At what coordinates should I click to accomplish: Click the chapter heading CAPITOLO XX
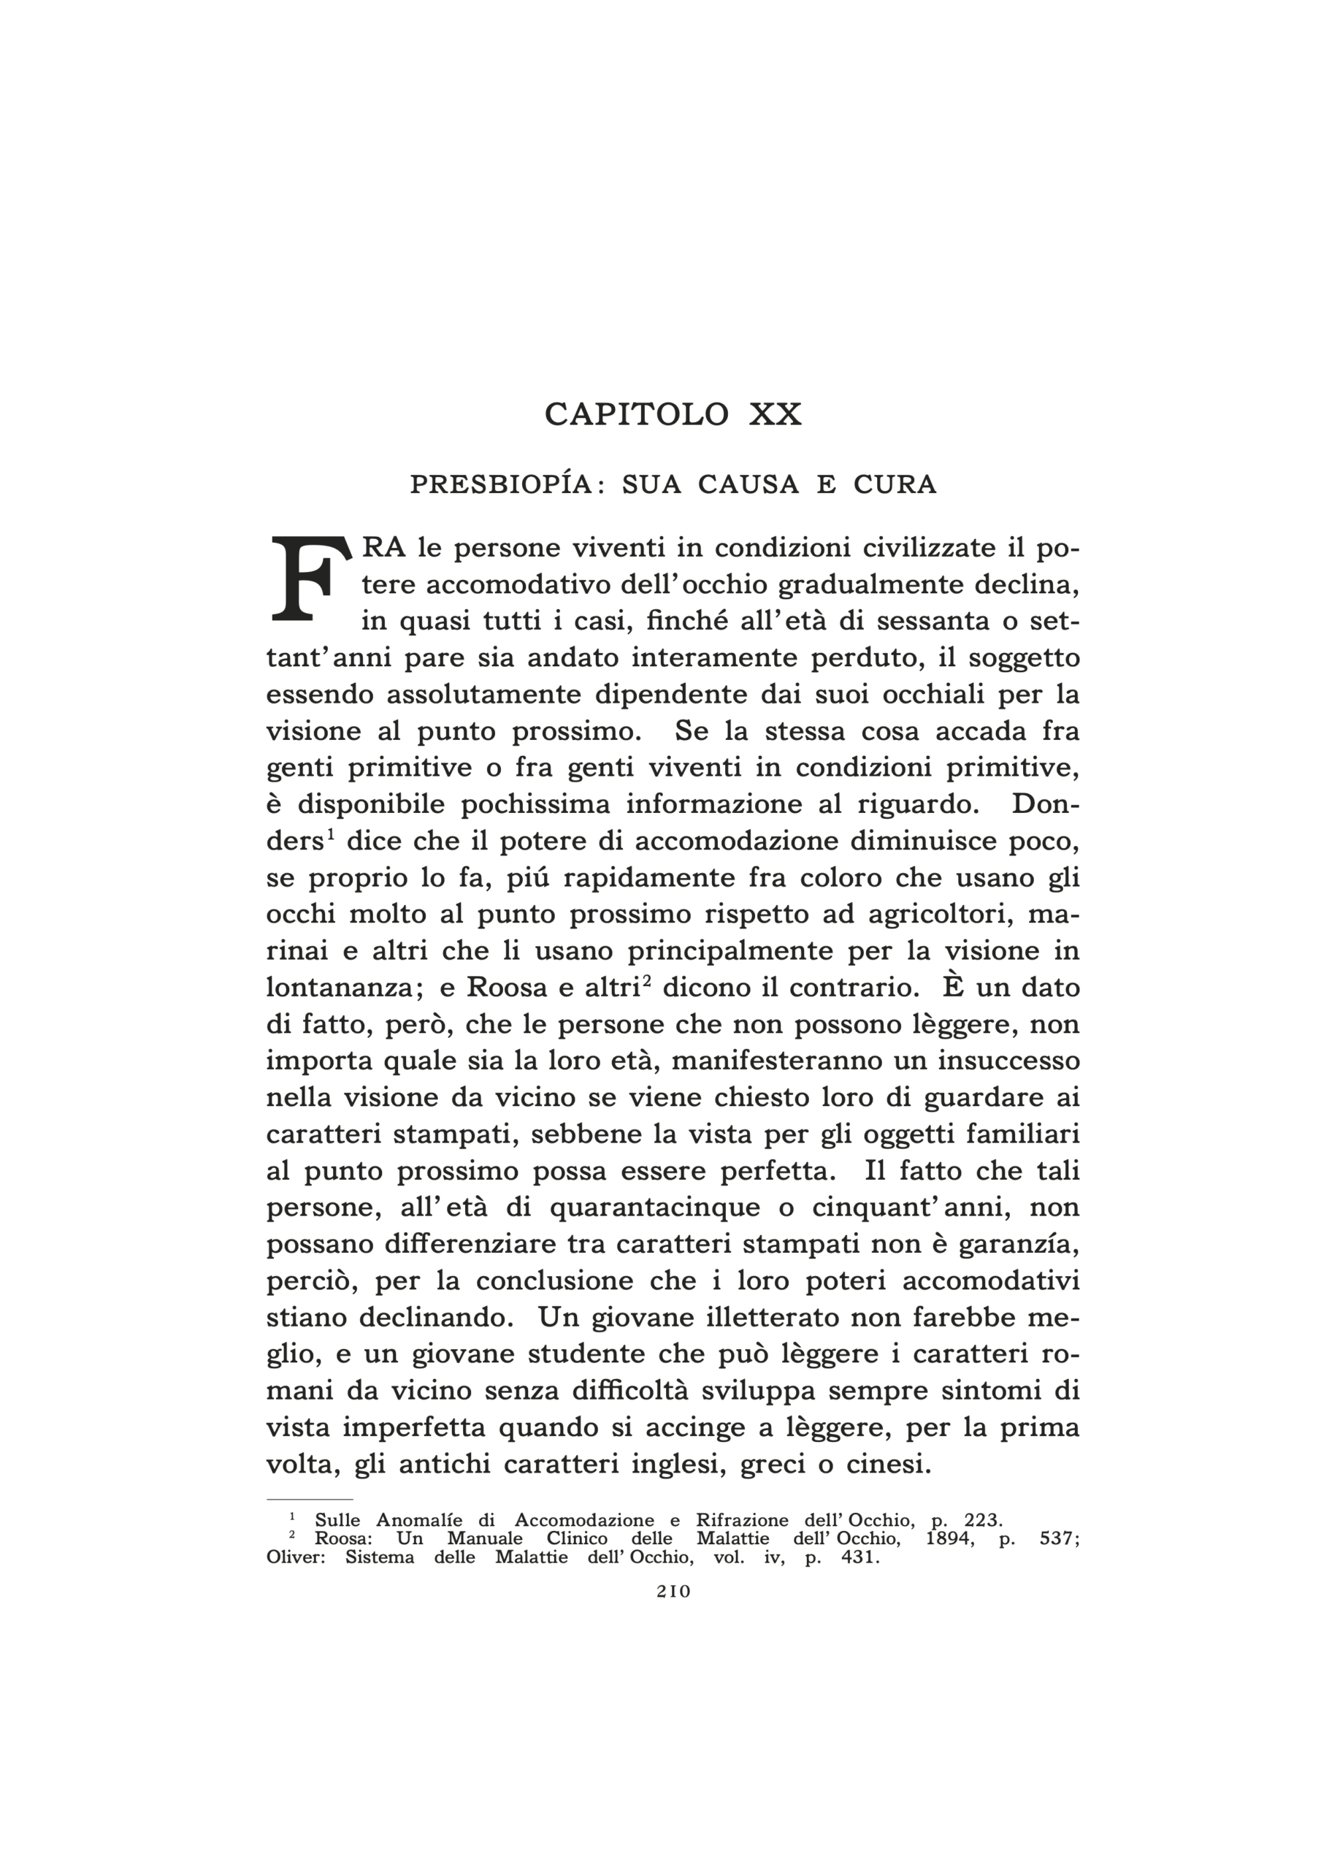point(673,415)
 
